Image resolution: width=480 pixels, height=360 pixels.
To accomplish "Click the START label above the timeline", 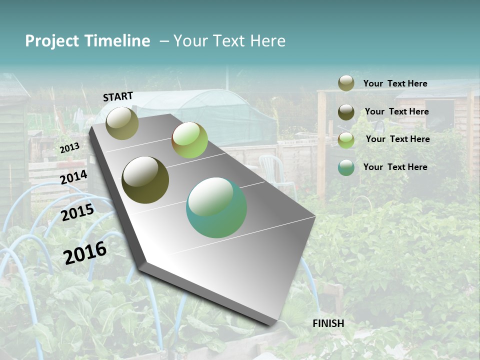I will [x=118, y=96].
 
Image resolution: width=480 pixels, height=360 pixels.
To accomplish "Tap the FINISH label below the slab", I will [x=328, y=323].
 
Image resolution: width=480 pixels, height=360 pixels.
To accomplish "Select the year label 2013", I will [x=69, y=148].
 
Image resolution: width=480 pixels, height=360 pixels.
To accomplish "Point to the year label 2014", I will [x=73, y=177].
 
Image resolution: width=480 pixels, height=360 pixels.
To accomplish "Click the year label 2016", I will [x=85, y=252].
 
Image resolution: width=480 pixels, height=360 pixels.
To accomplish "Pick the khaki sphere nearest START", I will [x=122, y=123].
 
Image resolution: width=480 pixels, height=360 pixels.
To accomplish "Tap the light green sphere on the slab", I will [x=189, y=140].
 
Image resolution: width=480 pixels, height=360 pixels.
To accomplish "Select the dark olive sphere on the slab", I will [x=145, y=180].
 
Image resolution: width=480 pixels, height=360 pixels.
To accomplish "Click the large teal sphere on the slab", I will [x=216, y=207].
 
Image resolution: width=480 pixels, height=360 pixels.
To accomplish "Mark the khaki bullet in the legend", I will [x=346, y=83].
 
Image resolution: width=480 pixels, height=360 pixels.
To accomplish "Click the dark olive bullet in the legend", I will [x=346, y=112].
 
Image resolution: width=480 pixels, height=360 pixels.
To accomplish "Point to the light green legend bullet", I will [x=346, y=140].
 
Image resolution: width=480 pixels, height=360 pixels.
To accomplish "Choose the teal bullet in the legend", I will [x=346, y=167].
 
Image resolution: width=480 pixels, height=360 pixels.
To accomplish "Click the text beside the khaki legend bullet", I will [x=395, y=83].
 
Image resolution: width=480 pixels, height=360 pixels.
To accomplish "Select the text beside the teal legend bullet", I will [x=395, y=167].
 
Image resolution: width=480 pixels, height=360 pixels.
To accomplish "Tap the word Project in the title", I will [x=52, y=41].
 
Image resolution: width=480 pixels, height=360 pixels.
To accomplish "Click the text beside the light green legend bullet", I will [x=397, y=139].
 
